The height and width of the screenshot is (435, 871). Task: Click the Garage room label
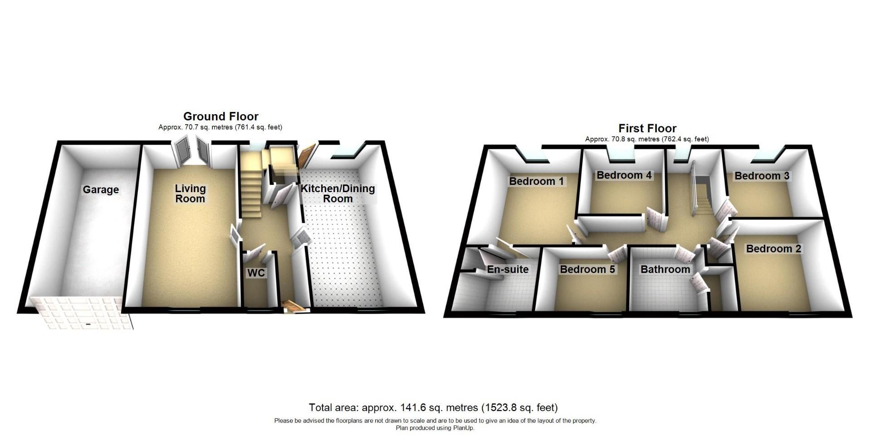coord(101,190)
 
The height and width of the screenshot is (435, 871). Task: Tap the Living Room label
coord(191,193)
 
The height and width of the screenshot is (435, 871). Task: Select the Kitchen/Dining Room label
coord(338,193)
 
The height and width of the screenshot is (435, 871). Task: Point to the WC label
coord(256,273)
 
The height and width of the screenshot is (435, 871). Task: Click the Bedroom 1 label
coord(536,182)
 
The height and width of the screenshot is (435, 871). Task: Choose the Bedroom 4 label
coord(624,175)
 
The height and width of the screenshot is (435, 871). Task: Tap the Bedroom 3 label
coord(762,176)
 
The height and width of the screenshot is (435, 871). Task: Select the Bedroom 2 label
coord(773,249)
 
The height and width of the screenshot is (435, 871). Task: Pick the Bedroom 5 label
coord(587,270)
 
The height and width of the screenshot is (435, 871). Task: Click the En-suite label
coord(508,270)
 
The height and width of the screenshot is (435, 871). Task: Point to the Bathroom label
coord(665,270)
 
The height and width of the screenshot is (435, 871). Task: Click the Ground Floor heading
coord(221,116)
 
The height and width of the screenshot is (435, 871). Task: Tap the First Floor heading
coord(647,128)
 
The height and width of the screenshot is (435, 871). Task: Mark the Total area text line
coord(433,408)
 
